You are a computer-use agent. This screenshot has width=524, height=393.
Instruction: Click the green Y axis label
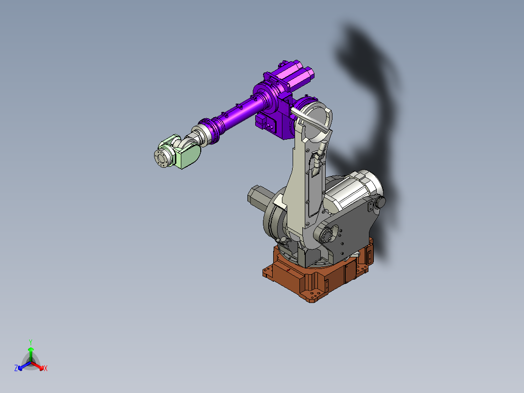point(31,341)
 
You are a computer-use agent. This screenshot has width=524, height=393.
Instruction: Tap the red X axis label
point(45,368)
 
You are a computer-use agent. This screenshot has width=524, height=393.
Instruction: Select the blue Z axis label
point(16,368)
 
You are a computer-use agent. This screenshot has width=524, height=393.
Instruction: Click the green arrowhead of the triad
point(31,349)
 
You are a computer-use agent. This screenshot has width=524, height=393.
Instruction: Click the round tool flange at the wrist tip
point(162,158)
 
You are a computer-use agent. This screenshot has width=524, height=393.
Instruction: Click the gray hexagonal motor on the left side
point(257,197)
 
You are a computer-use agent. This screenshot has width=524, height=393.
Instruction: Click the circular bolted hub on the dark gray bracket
point(326,234)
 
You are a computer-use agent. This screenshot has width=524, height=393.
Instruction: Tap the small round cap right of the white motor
point(380,201)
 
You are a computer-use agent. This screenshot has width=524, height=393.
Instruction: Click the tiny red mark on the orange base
point(290,270)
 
